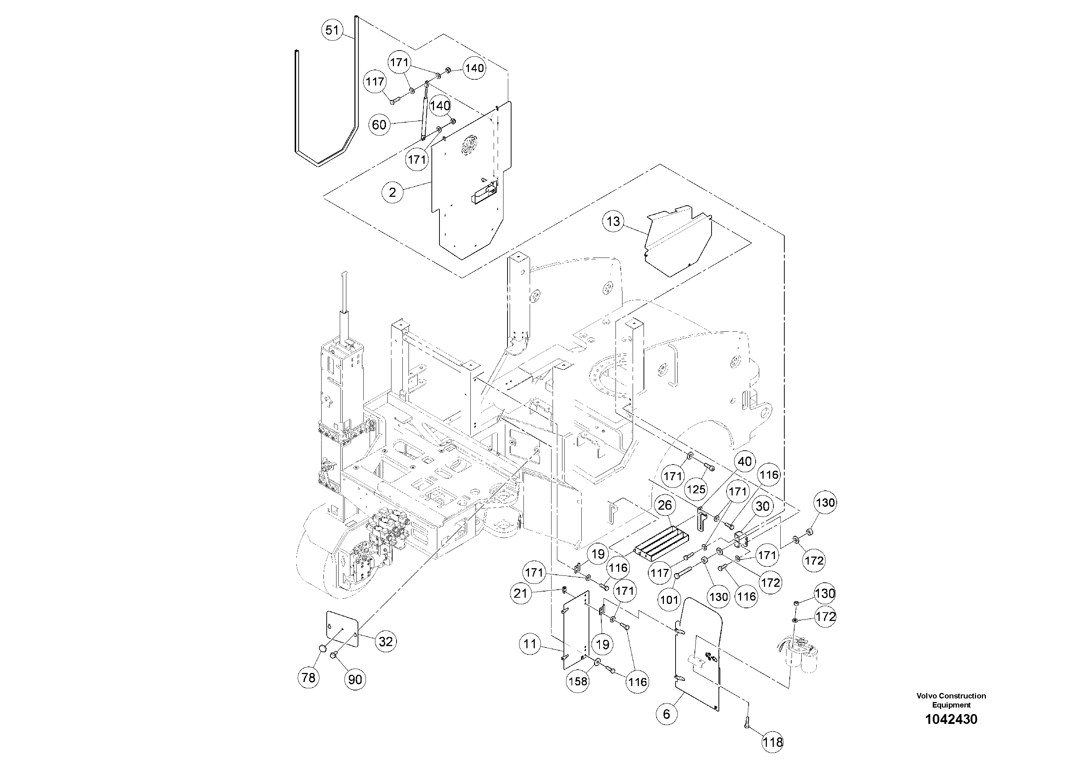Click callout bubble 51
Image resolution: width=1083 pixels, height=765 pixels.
pyautogui.click(x=332, y=30)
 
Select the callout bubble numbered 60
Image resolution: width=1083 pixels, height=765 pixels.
pyautogui.click(x=379, y=125)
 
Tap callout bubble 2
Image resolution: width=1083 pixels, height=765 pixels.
pyautogui.click(x=393, y=192)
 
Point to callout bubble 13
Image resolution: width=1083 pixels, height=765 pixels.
pyautogui.click(x=613, y=221)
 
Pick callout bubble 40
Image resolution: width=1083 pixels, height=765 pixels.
pyautogui.click(x=744, y=461)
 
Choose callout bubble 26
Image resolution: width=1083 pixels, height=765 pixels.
pyautogui.click(x=665, y=506)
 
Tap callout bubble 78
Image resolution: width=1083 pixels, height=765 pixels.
pyautogui.click(x=308, y=678)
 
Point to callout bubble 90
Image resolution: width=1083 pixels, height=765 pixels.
pyautogui.click(x=355, y=680)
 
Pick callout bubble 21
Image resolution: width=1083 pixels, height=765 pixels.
pyautogui.click(x=520, y=593)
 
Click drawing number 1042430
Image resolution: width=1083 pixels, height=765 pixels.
pyautogui.click(x=951, y=719)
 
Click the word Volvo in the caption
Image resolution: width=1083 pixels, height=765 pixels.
pyautogui.click(x=927, y=696)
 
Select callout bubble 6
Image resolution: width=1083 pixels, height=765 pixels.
pyautogui.click(x=666, y=714)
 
